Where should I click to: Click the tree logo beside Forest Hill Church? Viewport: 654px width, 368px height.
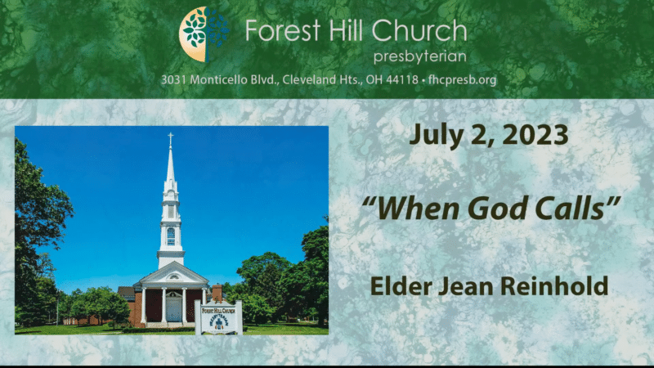tap(204, 34)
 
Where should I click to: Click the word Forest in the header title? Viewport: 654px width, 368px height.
tap(282, 31)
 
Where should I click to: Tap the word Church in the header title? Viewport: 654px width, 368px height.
tap(419, 31)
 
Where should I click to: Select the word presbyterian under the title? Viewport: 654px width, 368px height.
tap(419, 56)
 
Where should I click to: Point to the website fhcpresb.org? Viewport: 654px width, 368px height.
tap(462, 79)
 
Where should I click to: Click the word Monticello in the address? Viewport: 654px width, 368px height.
tap(219, 79)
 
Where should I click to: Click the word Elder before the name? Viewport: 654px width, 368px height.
tap(401, 286)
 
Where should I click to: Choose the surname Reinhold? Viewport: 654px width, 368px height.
tap(554, 286)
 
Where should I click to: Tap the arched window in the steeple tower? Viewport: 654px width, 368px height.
tap(171, 236)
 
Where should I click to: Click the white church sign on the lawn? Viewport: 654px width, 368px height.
tap(218, 317)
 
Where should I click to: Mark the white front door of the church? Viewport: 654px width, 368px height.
tap(173, 308)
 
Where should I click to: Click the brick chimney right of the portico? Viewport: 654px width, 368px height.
tap(217, 293)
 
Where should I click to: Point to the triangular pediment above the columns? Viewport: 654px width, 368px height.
tap(172, 276)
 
